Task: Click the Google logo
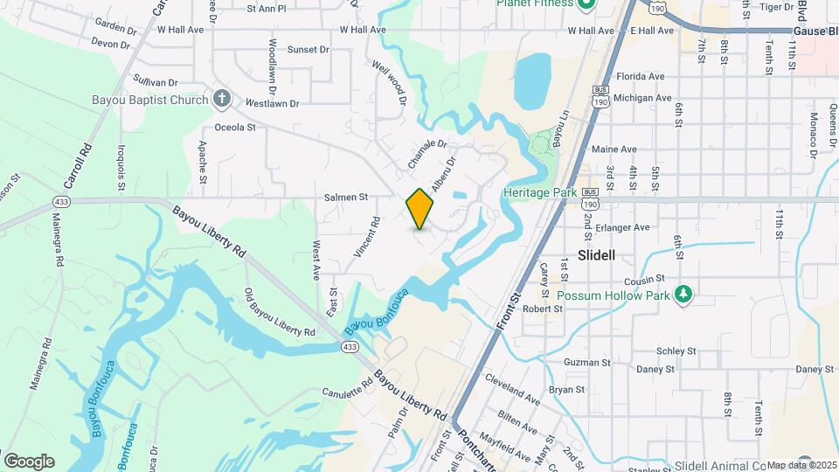pos(29,462)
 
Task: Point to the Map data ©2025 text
pos(801,465)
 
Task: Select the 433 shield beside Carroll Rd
pos(60,202)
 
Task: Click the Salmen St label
pos(346,198)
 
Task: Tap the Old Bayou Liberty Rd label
pos(280,312)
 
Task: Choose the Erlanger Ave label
pos(622,227)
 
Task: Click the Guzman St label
pos(587,362)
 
